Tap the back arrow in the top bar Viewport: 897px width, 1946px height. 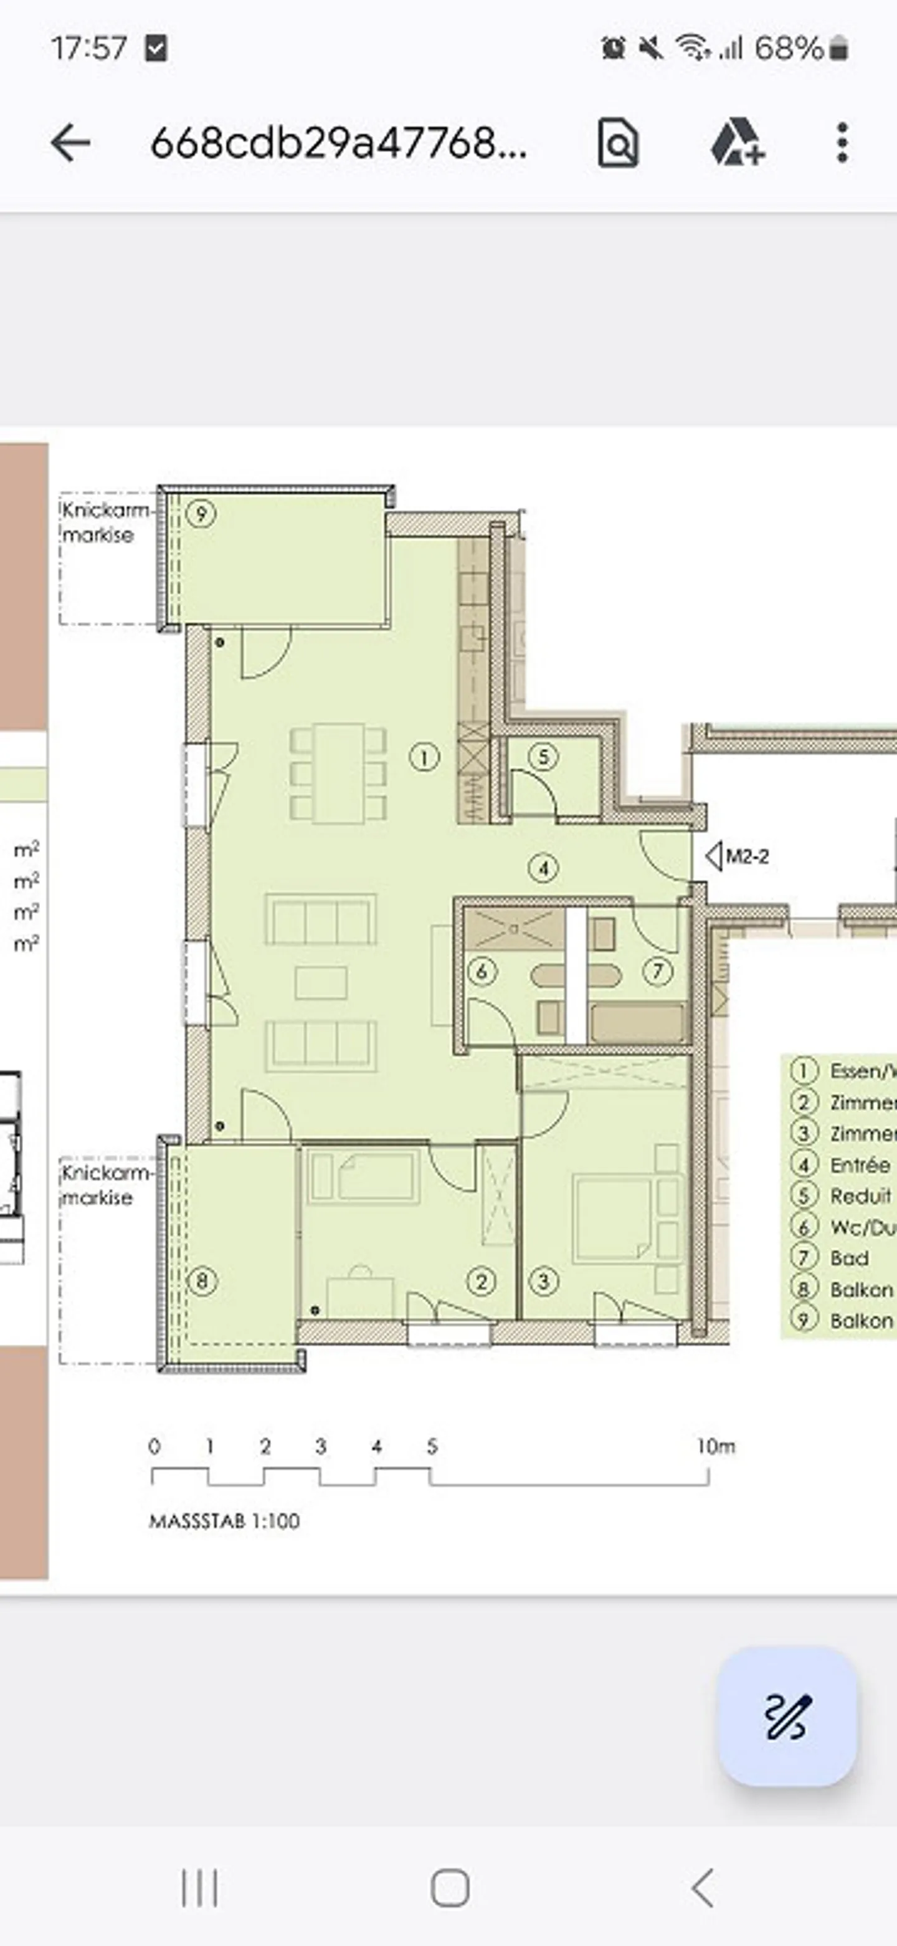[x=70, y=143]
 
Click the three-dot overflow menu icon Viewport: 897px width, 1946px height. [x=843, y=143]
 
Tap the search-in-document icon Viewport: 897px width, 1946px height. [x=618, y=143]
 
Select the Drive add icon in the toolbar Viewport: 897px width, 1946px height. [x=737, y=143]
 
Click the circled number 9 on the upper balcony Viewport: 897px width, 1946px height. [x=201, y=514]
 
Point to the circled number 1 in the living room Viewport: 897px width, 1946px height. [x=424, y=757]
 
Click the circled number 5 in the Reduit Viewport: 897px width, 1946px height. [x=544, y=757]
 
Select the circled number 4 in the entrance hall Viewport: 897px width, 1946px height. [x=544, y=868]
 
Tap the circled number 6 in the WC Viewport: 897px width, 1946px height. [x=482, y=972]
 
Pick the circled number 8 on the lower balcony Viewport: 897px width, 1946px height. [x=202, y=1281]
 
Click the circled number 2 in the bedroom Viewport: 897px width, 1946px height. [x=482, y=1281]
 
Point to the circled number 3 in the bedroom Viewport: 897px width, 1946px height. [x=544, y=1281]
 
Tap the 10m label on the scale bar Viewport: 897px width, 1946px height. [x=715, y=1447]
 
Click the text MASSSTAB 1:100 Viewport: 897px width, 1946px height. [x=224, y=1521]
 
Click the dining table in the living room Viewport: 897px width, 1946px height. [x=339, y=773]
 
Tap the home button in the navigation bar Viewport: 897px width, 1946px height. [x=450, y=1889]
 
